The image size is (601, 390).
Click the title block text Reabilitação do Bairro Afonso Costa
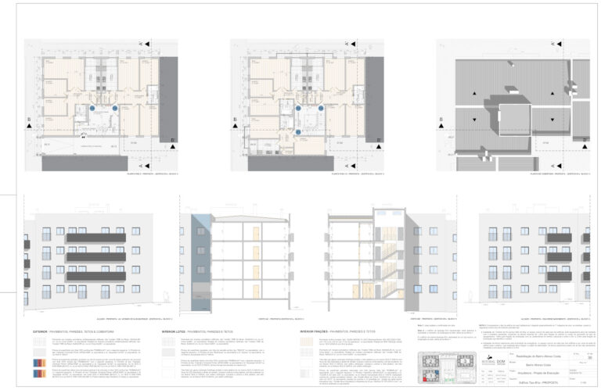click(x=515, y=356)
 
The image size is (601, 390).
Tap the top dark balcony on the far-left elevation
click(x=96, y=237)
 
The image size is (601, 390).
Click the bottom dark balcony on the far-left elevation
click(x=96, y=276)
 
